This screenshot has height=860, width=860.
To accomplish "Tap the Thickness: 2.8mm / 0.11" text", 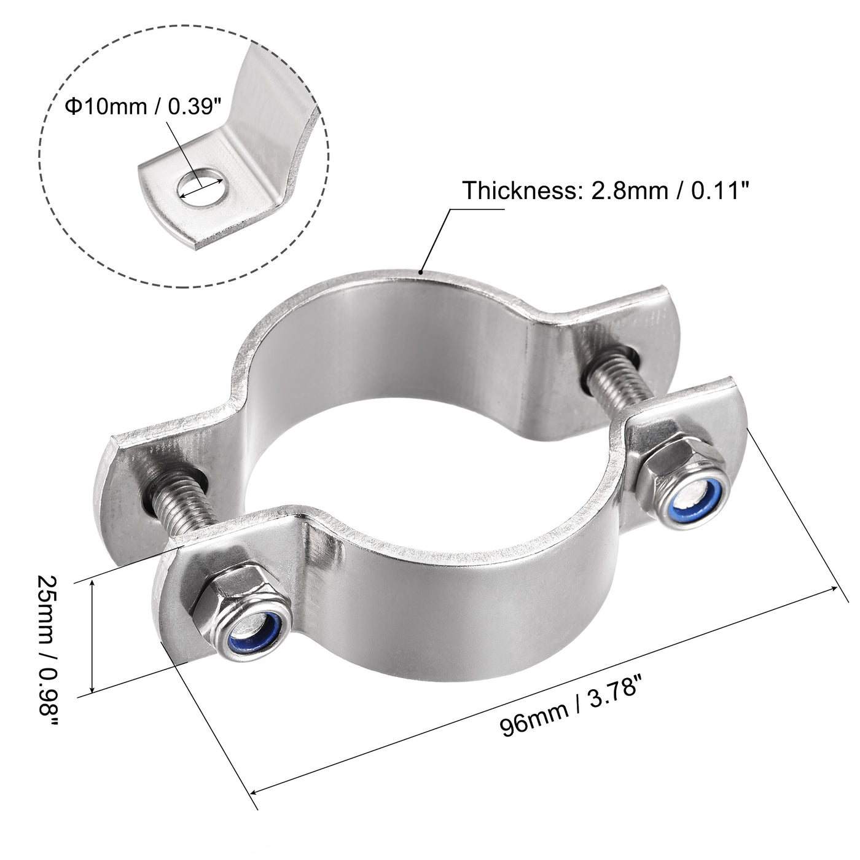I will [606, 191].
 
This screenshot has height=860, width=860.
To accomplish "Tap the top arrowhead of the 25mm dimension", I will [93, 584].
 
